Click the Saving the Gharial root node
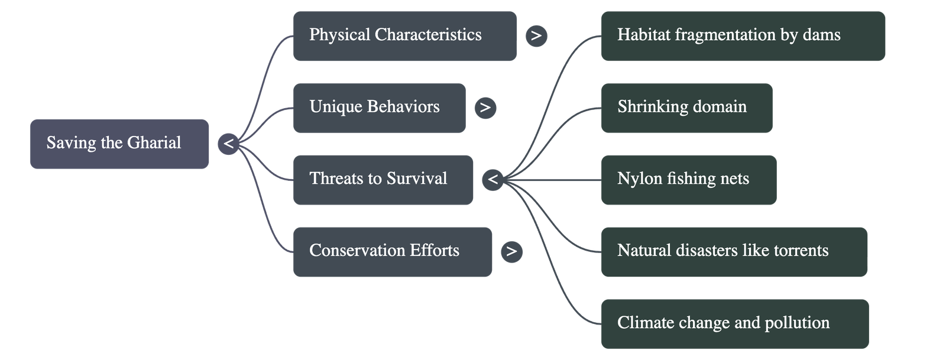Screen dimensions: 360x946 [119, 144]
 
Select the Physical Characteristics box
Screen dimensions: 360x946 [404, 35]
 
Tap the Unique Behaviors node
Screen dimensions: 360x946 [379, 108]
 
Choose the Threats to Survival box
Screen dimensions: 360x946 [383, 180]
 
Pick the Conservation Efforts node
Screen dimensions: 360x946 [392, 251]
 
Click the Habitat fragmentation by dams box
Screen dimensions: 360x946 [743, 35]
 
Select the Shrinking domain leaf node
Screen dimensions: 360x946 [686, 108]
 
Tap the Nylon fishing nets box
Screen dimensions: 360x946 [688, 180]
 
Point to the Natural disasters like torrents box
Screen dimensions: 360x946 [734, 251]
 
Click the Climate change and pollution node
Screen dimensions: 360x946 [734, 323]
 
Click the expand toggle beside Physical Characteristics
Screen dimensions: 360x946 [536, 36]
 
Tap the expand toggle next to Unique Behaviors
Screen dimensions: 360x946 [485, 108]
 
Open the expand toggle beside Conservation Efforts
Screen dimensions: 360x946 [511, 252]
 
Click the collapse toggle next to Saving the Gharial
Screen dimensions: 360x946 [229, 144]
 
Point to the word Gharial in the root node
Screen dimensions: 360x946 [154, 143]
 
